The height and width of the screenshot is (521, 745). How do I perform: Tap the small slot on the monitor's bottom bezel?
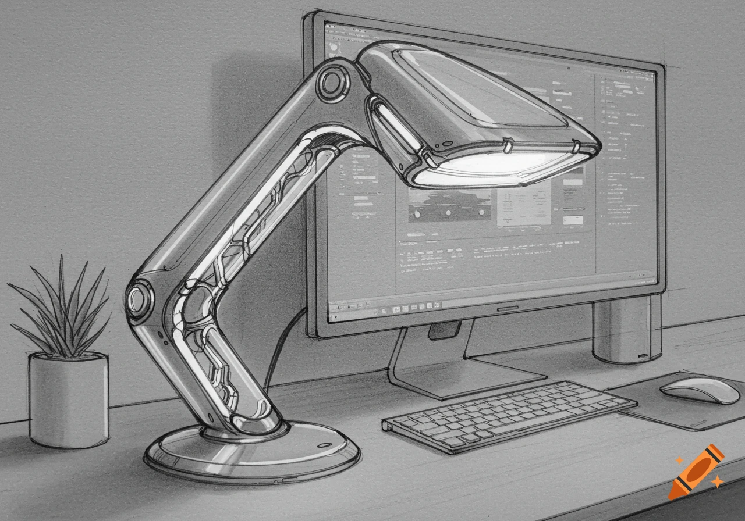tap(508, 308)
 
